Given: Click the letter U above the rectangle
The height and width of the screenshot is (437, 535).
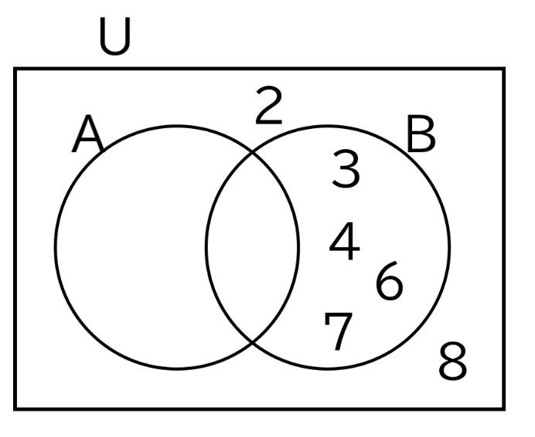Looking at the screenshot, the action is (114, 36).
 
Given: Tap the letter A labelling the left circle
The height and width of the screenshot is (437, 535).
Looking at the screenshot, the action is (87, 134).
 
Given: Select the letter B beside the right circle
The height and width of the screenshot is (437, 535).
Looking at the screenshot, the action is (421, 134).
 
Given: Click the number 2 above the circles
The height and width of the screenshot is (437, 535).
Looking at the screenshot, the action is (269, 105).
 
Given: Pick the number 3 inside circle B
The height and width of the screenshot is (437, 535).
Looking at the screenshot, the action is (346, 169).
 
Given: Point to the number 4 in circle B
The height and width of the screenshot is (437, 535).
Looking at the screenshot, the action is (344, 241).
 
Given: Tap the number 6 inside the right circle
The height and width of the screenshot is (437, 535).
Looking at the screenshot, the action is (390, 281).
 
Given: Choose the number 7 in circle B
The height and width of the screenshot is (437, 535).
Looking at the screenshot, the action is (338, 331).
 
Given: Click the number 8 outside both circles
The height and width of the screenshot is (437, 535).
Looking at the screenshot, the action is (452, 361).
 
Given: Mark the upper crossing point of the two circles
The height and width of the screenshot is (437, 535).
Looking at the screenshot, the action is (253, 152).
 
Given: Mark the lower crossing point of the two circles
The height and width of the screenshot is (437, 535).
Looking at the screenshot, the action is (253, 341).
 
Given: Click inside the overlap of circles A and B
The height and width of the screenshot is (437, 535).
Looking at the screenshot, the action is (253, 247).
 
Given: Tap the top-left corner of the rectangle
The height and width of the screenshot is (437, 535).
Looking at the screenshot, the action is (15, 69).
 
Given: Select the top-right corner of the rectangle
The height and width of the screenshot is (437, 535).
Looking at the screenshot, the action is (504, 69).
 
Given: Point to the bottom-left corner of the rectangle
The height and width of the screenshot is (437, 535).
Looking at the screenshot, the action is (15, 408).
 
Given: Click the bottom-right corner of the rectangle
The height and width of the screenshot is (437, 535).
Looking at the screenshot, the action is (504, 408).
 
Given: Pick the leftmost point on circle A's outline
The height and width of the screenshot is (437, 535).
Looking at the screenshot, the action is (55, 247).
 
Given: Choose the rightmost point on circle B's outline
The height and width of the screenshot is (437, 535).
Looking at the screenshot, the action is (450, 247).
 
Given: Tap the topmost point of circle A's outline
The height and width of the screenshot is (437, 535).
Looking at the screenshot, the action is (177, 126).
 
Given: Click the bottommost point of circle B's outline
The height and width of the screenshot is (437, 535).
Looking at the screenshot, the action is (328, 368).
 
